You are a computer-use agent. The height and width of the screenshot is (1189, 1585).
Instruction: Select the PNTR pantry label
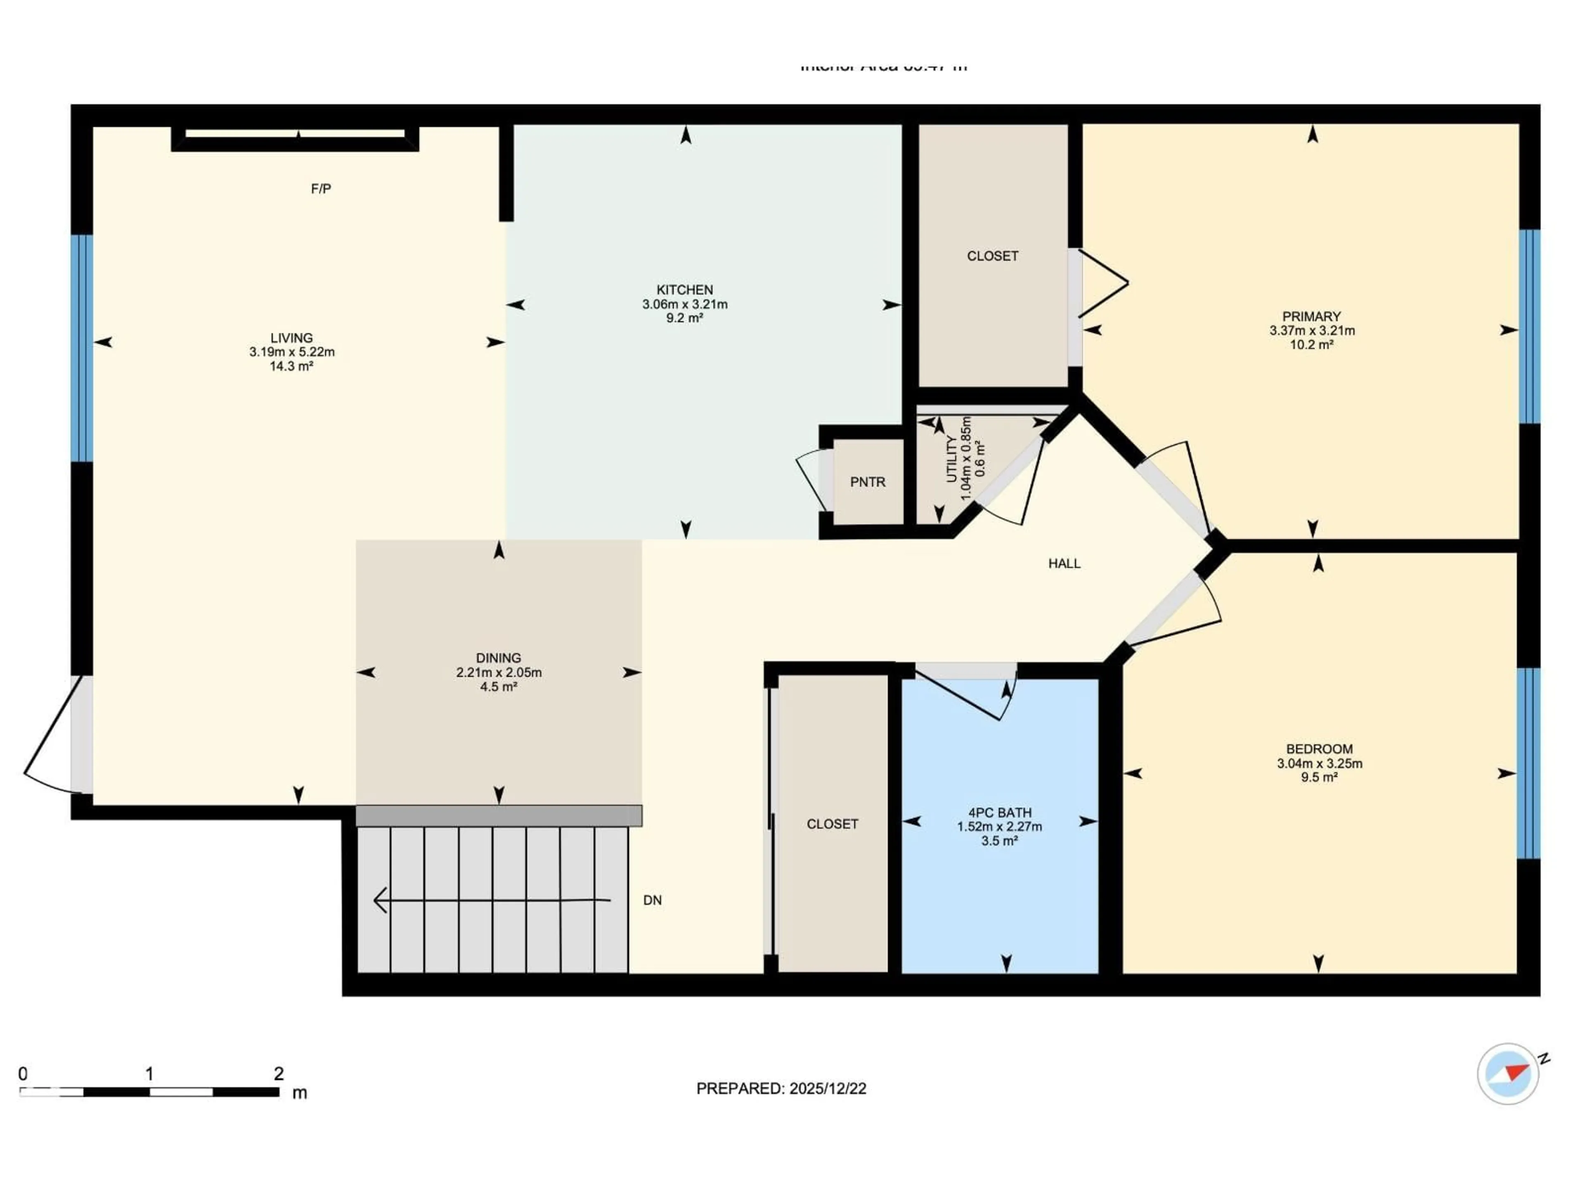pyautogui.click(x=867, y=482)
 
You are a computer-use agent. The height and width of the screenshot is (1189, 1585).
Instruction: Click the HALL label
pyautogui.click(x=1064, y=563)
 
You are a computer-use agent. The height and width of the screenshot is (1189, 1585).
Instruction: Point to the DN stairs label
pyautogui.click(x=652, y=900)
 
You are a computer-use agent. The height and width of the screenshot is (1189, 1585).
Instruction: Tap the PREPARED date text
pyautogui.click(x=781, y=1089)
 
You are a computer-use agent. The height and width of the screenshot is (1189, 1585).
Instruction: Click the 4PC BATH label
pyautogui.click(x=1000, y=813)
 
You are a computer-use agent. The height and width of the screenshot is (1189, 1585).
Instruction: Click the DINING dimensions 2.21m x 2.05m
pyautogui.click(x=499, y=672)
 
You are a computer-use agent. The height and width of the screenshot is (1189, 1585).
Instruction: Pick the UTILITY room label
pyautogui.click(x=951, y=459)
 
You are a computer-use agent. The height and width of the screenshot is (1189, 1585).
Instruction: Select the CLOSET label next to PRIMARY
pyautogui.click(x=992, y=256)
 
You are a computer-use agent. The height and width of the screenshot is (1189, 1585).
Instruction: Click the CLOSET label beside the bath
pyautogui.click(x=832, y=824)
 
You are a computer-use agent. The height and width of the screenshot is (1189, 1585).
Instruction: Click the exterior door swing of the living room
pyautogui.click(x=50, y=738)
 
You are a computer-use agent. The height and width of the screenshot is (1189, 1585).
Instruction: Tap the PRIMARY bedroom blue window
pyautogui.click(x=1529, y=327)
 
